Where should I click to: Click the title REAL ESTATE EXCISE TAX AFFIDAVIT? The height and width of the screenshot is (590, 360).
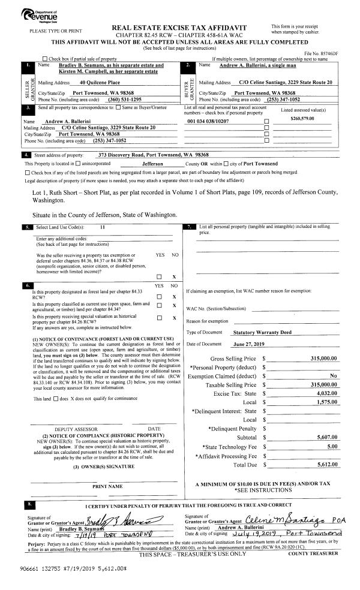(188, 28)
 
